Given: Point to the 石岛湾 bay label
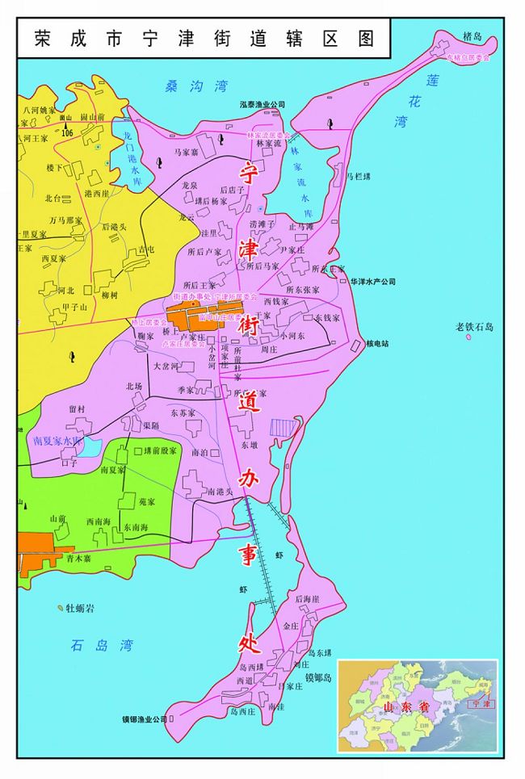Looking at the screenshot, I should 101,644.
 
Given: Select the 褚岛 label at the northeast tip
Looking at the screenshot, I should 472,37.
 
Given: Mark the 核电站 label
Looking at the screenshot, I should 377,343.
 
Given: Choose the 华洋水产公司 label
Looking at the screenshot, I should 373,282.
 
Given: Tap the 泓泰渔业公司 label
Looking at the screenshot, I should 262,105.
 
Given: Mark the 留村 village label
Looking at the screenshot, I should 77,409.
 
